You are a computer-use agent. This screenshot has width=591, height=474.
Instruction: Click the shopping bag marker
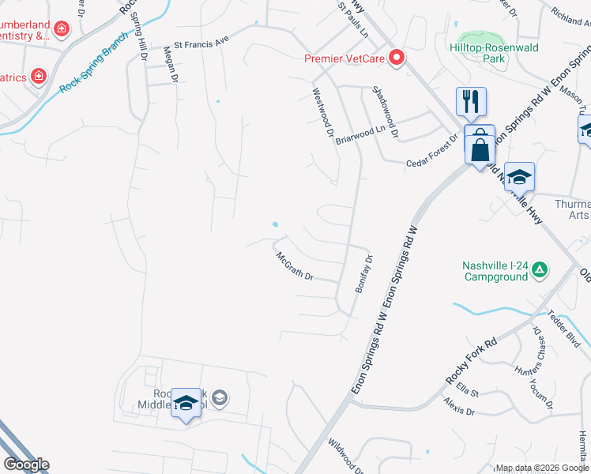pyautogui.click(x=480, y=148)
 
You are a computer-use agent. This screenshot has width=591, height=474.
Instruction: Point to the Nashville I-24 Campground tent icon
pyautogui.click(x=540, y=270)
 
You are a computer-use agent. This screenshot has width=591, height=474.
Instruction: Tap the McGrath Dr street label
pyautogui.click(x=295, y=267)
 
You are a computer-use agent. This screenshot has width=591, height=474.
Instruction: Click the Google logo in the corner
pyautogui.click(x=26, y=465)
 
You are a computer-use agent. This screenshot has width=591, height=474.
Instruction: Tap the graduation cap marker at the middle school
pyautogui.click(x=186, y=404)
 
